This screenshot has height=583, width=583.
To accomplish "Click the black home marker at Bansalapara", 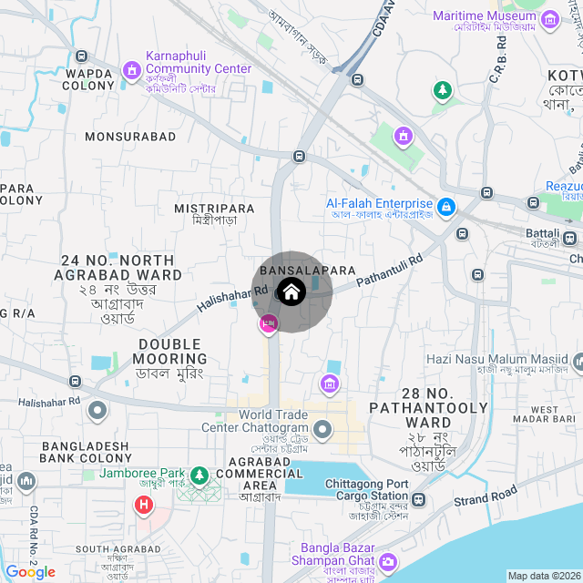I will (291, 292).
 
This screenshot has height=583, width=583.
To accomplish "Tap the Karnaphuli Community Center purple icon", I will (131, 69).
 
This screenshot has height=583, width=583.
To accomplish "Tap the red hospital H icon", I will (143, 504).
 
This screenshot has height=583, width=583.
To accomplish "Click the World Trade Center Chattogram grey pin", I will (322, 428).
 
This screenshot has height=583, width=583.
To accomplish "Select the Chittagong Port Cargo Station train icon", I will (418, 499).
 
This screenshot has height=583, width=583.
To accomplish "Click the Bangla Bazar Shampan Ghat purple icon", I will (389, 561).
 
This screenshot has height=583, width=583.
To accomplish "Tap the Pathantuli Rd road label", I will (390, 271).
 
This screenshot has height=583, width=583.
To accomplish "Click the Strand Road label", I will (486, 496).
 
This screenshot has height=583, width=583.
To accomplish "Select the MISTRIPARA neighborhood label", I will (214, 209).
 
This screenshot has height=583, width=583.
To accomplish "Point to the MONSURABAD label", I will (130, 137).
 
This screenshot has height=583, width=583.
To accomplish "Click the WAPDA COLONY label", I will (88, 78).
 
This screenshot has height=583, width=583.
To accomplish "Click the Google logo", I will (30, 572).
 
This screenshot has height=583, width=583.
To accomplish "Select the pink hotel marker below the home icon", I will (269, 323).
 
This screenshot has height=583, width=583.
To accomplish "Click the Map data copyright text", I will (543, 576).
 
